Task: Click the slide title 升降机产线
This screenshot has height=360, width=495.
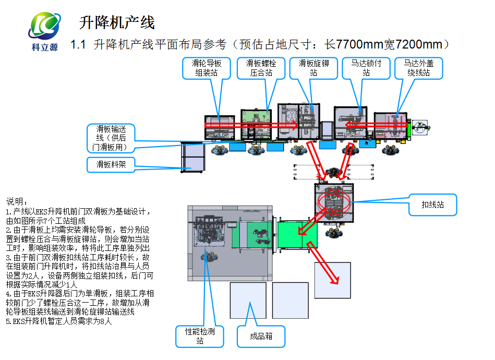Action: (117, 22)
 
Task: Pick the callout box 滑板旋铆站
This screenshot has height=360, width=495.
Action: (313, 68)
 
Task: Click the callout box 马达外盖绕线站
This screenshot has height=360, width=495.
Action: (418, 68)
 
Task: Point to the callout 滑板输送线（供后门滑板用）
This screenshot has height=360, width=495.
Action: (111, 138)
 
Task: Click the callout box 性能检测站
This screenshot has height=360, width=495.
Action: (199, 336)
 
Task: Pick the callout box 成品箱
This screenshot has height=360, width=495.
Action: (261, 337)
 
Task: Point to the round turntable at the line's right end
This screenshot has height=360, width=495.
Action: (420, 126)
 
